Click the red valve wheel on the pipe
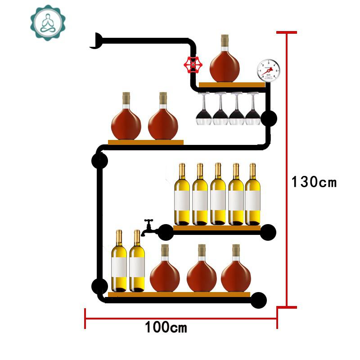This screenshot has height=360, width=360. click(193, 66)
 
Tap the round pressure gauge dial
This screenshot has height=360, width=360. click(266, 71)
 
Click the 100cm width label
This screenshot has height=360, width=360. click(166, 327)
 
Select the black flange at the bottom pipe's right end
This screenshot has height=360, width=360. click(258, 300)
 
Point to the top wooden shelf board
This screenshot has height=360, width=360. click(232, 85)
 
